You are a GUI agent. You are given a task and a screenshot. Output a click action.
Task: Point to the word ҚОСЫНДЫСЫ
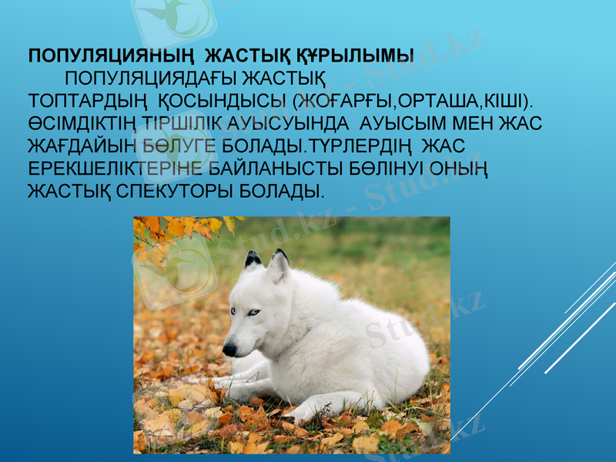click(225, 101)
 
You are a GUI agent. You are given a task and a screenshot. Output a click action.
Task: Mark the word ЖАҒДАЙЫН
click(79, 146)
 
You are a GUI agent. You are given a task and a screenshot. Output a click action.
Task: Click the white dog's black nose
click(229, 350)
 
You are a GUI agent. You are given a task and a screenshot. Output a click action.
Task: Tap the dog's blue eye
click(253, 312)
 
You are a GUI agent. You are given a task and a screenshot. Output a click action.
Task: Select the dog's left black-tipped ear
click(253, 260)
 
